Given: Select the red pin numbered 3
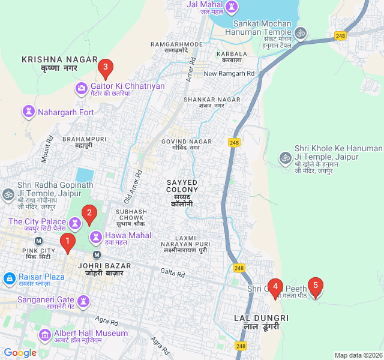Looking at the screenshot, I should (x=106, y=68).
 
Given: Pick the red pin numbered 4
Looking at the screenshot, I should (x=275, y=287).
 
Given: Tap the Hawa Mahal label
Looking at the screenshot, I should (x=128, y=235).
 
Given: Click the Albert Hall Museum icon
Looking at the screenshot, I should (x=44, y=334).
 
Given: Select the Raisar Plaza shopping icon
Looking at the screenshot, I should (x=9, y=278).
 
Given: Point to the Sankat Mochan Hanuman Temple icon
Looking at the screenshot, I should (x=301, y=32).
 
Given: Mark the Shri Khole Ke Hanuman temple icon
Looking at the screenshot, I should (x=285, y=157).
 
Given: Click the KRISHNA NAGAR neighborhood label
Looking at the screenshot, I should (x=50, y=59).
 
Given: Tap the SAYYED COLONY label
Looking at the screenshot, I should (x=182, y=185).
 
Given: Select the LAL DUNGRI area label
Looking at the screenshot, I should (x=261, y=318).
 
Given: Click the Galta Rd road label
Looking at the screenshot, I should (x=173, y=272).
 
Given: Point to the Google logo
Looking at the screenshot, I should (x=20, y=353).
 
